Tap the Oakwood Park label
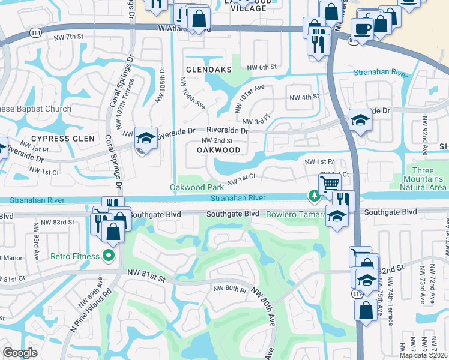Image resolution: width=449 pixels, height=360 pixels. click(192, 188)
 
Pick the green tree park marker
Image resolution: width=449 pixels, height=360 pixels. click(313, 196)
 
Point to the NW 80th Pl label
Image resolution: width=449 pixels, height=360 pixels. click(230, 289)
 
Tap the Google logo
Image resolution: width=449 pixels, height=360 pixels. click(20, 353)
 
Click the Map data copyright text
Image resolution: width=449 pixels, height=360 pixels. click(424, 355)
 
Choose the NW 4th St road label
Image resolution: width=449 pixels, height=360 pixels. click(303, 97)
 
